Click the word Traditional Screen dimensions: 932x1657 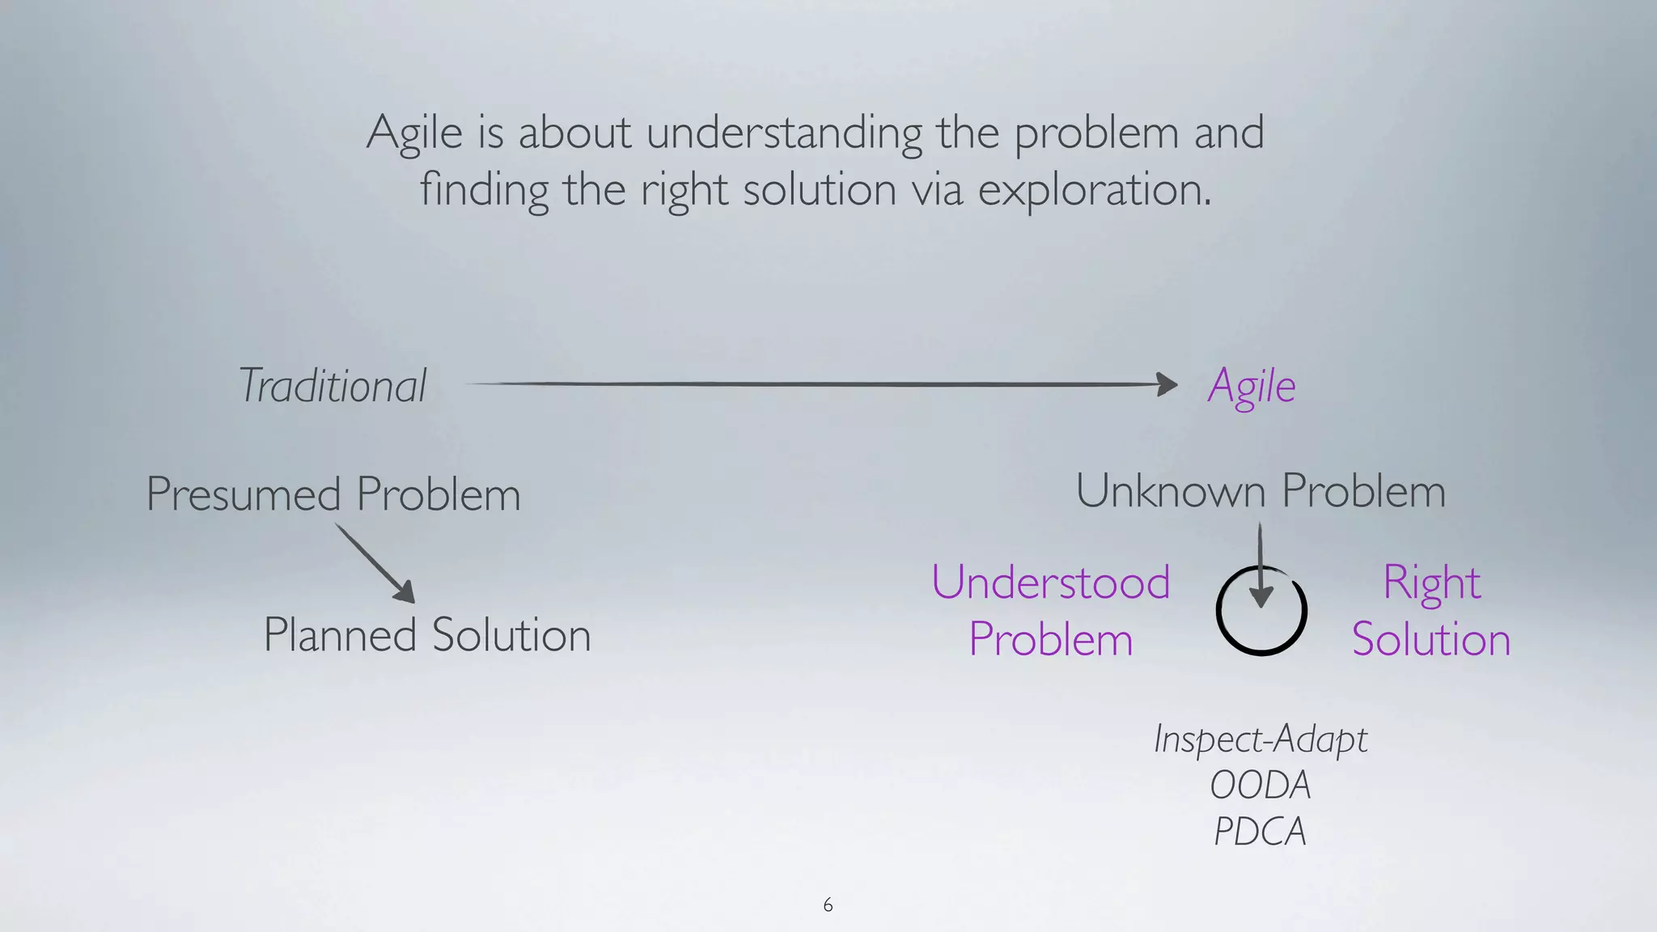[333, 386]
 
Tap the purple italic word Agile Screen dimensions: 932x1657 [1251, 387]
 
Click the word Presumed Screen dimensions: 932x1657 [244, 494]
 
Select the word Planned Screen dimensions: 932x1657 [339, 635]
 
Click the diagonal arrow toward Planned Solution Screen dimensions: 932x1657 [375, 563]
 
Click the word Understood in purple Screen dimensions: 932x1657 [1050, 582]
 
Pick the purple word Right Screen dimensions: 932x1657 [1431, 582]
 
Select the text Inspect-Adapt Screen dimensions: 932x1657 [1260, 739]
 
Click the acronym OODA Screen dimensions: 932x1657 [1260, 785]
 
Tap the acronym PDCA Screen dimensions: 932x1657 [1260, 832]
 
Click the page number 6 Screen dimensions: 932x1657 [828, 904]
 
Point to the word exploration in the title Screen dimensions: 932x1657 [1094, 191]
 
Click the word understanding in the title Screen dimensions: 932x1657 [784, 133]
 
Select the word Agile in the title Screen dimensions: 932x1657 [414, 133]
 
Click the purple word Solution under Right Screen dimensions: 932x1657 [1431, 639]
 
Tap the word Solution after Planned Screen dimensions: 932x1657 [511, 635]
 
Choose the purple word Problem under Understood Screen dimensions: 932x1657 [1050, 639]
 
